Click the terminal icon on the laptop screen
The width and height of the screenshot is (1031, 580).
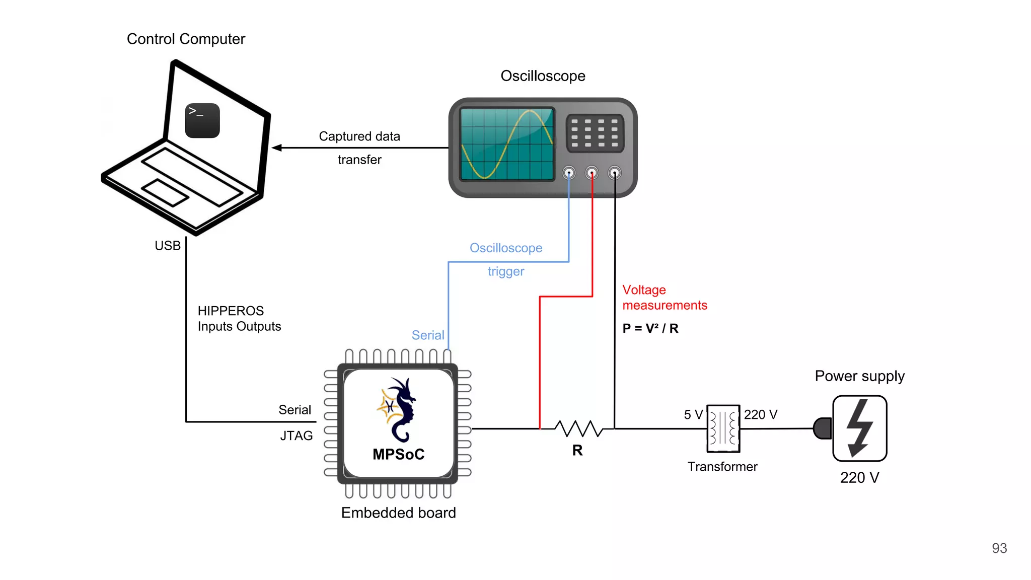pos(202,121)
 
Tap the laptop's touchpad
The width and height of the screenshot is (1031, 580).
pos(165,192)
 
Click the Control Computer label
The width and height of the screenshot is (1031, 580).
pos(186,39)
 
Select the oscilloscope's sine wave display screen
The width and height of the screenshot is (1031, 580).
pos(507,144)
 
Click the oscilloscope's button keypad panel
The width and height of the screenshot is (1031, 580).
pos(595,133)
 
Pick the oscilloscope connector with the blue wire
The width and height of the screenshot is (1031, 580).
pos(569,173)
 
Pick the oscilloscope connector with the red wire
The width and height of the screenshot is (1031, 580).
pos(592,173)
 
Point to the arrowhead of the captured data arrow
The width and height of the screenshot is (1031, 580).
pos(276,148)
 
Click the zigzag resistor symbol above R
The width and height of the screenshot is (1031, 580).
pos(578,428)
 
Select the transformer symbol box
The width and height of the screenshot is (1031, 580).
pos(723,428)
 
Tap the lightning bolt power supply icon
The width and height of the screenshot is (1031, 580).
pos(859,428)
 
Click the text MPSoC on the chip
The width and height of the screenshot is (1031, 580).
pos(398,454)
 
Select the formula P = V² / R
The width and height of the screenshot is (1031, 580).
pos(650,328)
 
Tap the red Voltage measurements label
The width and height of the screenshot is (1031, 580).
pos(664,298)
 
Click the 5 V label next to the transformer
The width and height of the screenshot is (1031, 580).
pos(693,414)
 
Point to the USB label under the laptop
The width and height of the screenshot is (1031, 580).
pos(168,246)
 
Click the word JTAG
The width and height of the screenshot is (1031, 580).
pos(297,436)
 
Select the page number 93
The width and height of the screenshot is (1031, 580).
pos(999,548)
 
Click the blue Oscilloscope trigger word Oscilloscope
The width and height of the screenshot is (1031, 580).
pos(506,248)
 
